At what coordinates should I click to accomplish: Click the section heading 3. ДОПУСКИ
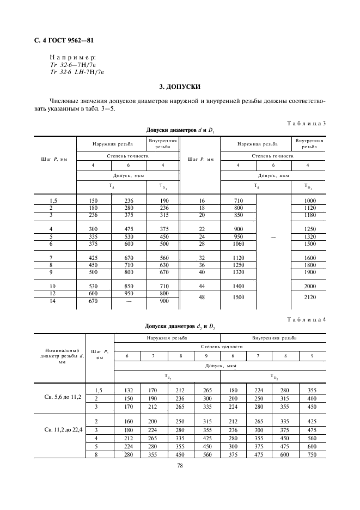click(x=180, y=87)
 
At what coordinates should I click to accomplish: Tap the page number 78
click(x=180, y=465)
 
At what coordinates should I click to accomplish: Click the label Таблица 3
click(x=306, y=123)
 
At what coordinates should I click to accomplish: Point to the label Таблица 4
click(x=306, y=319)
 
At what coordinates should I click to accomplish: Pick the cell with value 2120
click(x=310, y=298)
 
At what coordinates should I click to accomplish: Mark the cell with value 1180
click(x=310, y=215)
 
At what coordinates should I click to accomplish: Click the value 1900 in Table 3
click(x=310, y=272)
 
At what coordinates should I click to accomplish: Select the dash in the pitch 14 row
click(x=129, y=301)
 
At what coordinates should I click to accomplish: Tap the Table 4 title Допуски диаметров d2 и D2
click(x=180, y=326)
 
